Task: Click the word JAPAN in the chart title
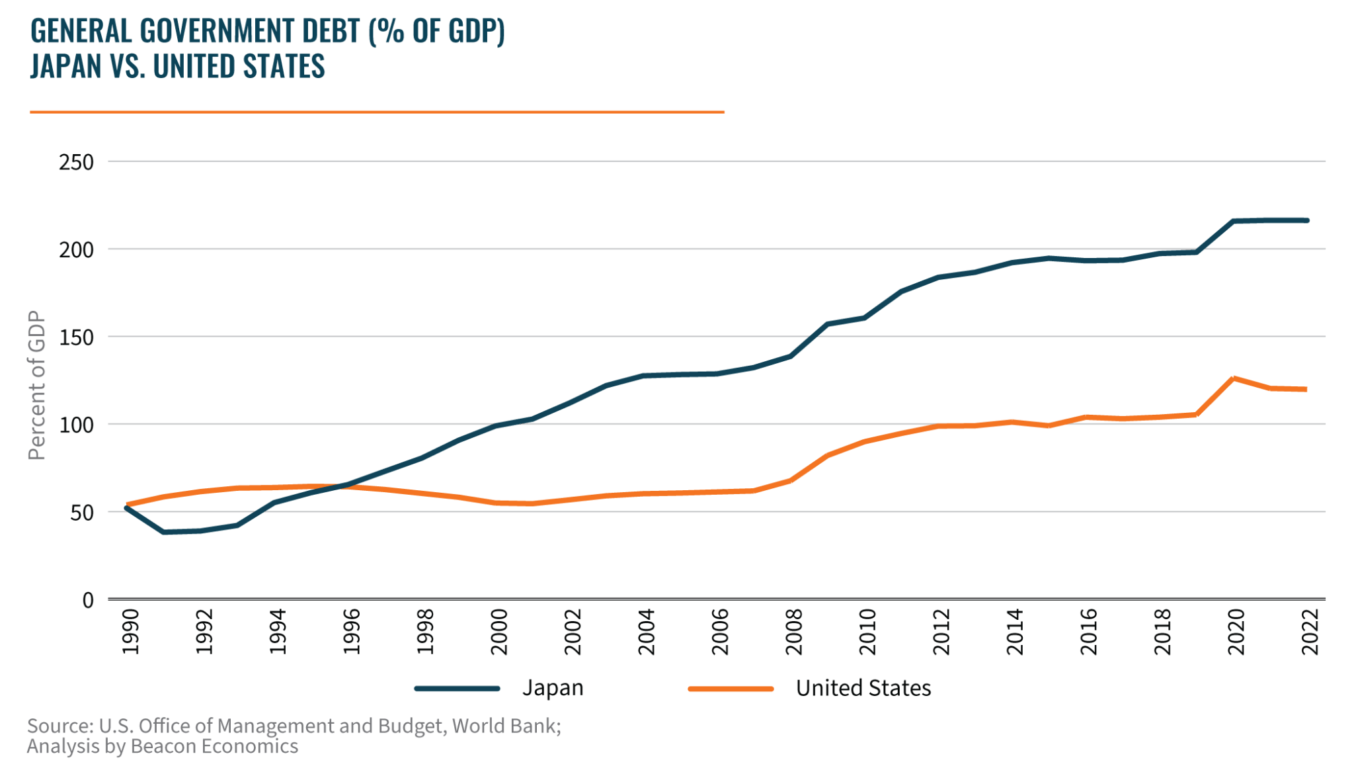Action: [66, 66]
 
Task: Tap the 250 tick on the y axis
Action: [76, 162]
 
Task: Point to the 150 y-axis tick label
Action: [76, 337]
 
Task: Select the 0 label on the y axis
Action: [88, 600]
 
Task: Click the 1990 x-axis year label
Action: [131, 632]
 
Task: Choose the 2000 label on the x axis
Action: [499, 632]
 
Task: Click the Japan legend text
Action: [553, 688]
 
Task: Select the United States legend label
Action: [863, 688]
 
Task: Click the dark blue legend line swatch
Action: [458, 689]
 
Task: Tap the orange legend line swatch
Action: [731, 689]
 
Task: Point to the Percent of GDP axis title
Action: [37, 385]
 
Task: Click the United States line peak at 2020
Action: [1234, 378]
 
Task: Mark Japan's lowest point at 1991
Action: [163, 532]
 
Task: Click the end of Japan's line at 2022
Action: [1306, 220]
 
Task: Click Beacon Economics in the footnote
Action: [214, 746]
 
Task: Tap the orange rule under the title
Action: [377, 112]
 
